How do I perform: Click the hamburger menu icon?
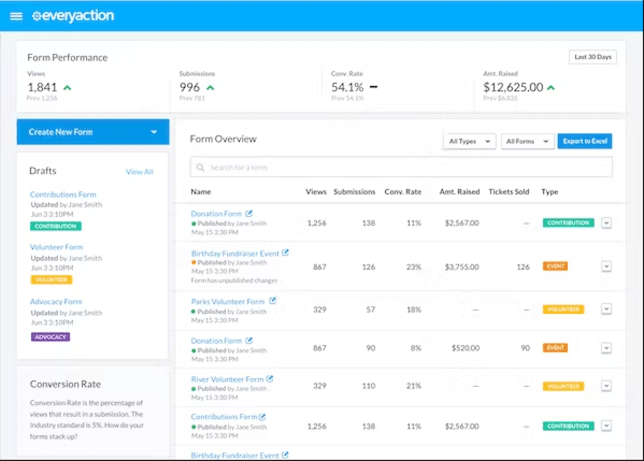[x=16, y=16]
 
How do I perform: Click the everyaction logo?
[x=73, y=16]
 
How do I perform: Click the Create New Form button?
[x=92, y=132]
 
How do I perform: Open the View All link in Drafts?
[x=139, y=172]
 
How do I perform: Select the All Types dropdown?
[x=469, y=141]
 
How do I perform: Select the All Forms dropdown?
[x=527, y=141]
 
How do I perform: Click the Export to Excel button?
[x=584, y=141]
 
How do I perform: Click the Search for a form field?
[x=401, y=168]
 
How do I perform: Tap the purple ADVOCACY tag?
[x=50, y=337]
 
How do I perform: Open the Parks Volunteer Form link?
[x=227, y=302]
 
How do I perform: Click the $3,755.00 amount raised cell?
[x=462, y=267]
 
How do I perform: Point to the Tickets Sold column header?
[x=509, y=192]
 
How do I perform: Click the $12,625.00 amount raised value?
[x=513, y=87]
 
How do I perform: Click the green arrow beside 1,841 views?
[x=67, y=87]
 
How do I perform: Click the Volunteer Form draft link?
[x=56, y=247]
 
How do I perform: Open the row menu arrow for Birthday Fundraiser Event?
[x=606, y=267]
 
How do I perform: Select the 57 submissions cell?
[x=370, y=310]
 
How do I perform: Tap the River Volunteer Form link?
[x=227, y=379]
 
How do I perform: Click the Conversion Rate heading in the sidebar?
[x=65, y=384]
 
